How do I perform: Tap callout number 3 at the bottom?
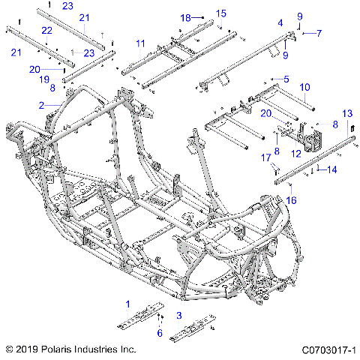click(x=178, y=315)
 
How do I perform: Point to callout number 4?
click(x=280, y=23)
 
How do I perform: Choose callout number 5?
click(x=285, y=78)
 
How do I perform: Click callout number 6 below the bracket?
click(x=159, y=333)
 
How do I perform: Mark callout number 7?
click(x=318, y=33)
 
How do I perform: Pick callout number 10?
click(x=304, y=87)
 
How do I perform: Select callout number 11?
click(x=140, y=44)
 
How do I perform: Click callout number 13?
click(x=346, y=113)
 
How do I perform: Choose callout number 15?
click(x=220, y=13)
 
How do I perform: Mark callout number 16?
click(x=292, y=200)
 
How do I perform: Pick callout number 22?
click(x=46, y=31)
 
